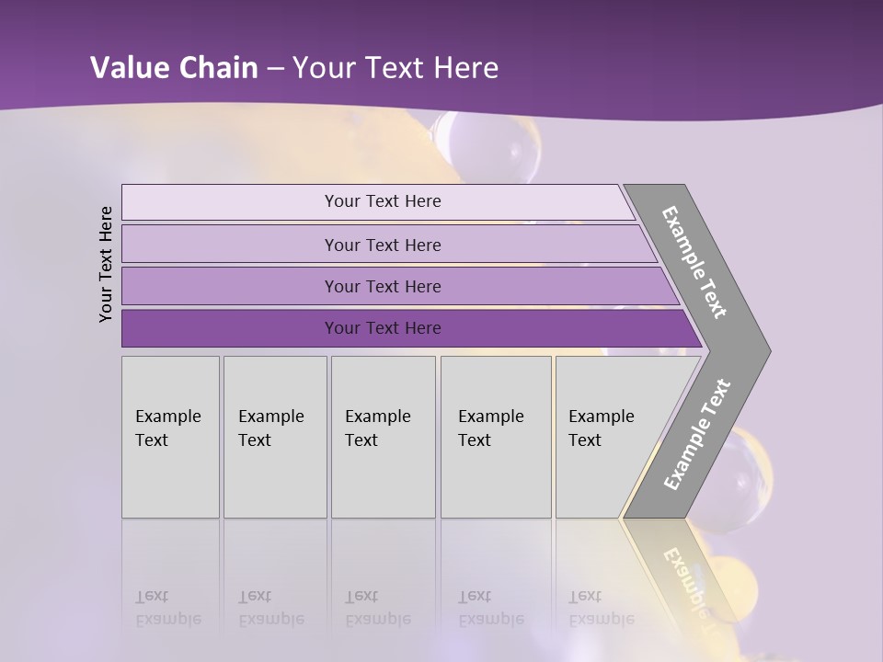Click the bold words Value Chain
pyautogui.click(x=174, y=67)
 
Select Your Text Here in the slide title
pyautogui.click(x=396, y=67)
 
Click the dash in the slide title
pyautogui.click(x=275, y=68)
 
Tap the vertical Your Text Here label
pyautogui.click(x=106, y=264)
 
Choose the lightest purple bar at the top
pyautogui.click(x=382, y=201)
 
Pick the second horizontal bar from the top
pyautogui.click(x=382, y=245)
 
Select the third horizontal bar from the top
pyautogui.click(x=382, y=286)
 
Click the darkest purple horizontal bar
pyautogui.click(x=382, y=328)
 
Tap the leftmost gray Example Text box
pyautogui.click(x=170, y=437)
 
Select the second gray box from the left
pyautogui.click(x=274, y=437)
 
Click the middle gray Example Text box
pyautogui.click(x=383, y=437)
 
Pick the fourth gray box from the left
pyautogui.click(x=495, y=437)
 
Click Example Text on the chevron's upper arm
pyautogui.click(x=694, y=262)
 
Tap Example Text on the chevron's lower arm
pyautogui.click(x=696, y=435)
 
